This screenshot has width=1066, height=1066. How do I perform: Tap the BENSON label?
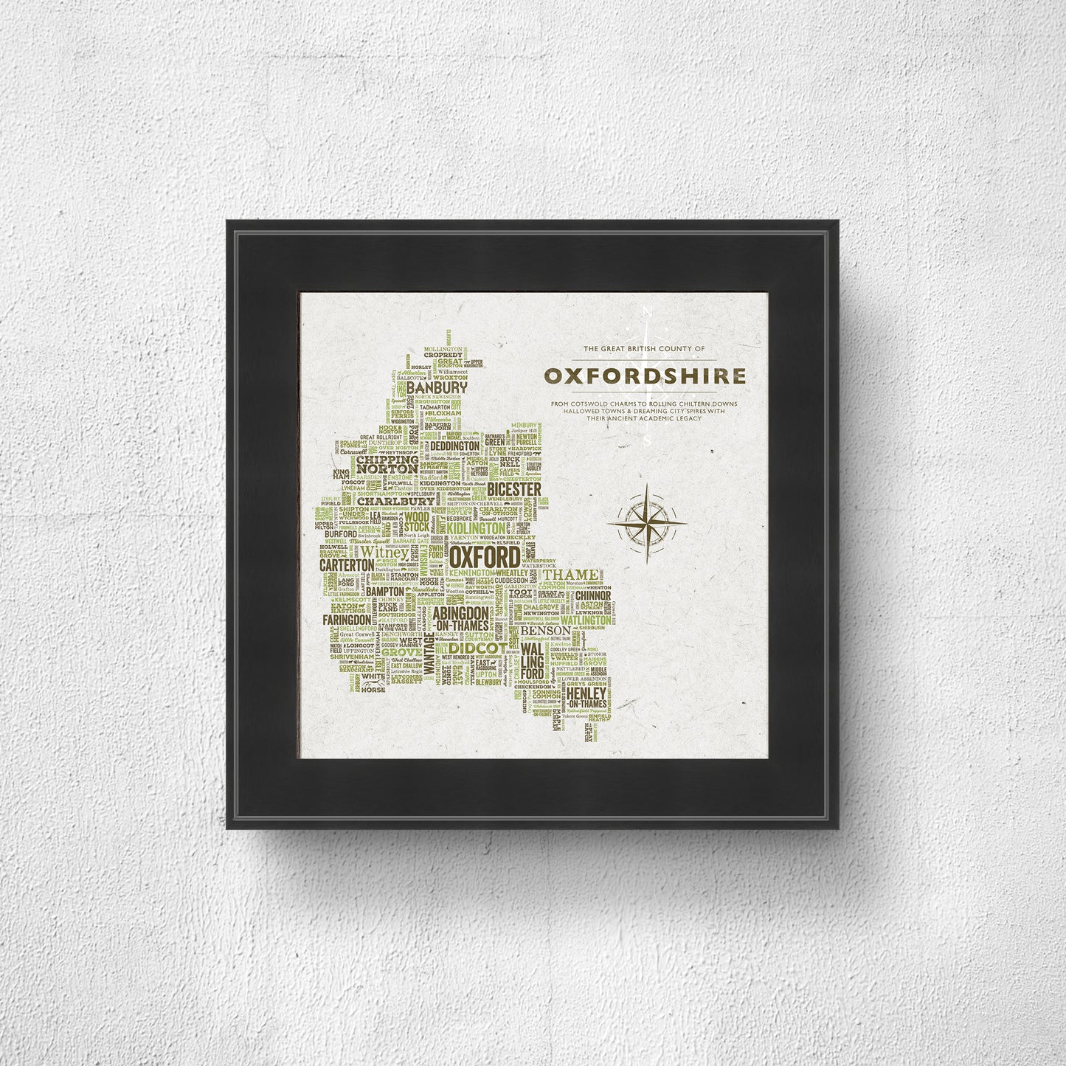(x=545, y=631)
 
